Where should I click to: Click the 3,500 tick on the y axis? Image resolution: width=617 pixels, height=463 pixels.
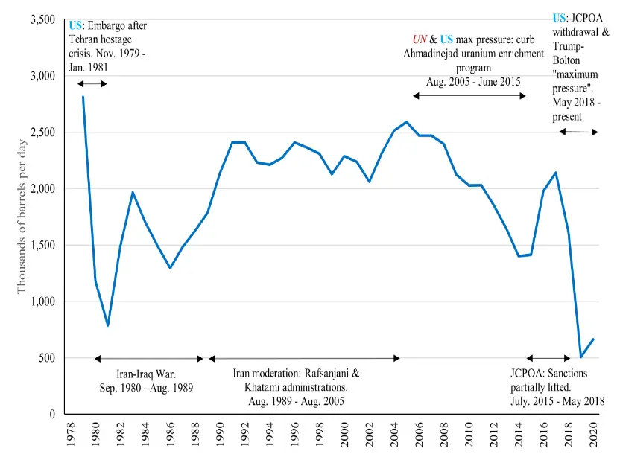(x=43, y=19)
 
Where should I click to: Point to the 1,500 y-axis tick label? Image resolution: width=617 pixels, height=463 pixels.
(x=43, y=245)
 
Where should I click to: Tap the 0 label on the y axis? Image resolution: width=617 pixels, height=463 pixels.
(x=52, y=415)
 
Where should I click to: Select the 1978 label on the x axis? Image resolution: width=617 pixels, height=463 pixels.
(x=71, y=434)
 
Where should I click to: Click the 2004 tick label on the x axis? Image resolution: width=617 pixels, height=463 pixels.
(x=394, y=434)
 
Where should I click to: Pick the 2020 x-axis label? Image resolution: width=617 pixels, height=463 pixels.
(x=593, y=434)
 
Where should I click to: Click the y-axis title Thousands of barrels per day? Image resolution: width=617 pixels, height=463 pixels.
(x=22, y=217)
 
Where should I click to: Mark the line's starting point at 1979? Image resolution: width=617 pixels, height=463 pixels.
(x=83, y=97)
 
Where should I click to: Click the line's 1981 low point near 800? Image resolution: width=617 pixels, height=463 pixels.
(x=108, y=325)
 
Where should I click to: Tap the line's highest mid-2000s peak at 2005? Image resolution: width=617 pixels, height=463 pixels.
(x=406, y=122)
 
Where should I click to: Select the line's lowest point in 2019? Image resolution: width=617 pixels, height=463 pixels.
(x=581, y=357)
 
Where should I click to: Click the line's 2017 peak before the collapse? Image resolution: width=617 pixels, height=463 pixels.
(x=556, y=173)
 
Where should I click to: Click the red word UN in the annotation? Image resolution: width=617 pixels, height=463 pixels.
(x=420, y=39)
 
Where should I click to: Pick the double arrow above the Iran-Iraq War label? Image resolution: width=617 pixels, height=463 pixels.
(x=149, y=359)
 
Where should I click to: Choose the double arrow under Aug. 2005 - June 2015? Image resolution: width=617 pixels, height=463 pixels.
(x=469, y=96)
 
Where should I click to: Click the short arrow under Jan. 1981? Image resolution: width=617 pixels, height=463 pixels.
(x=92, y=83)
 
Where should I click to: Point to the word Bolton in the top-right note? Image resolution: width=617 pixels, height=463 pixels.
(x=566, y=60)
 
